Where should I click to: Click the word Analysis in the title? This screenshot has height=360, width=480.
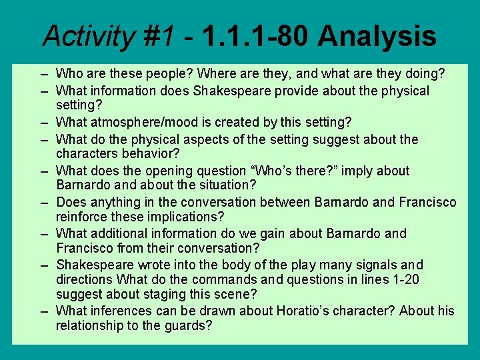click(377, 37)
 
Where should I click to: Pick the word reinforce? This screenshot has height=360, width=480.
click(82, 216)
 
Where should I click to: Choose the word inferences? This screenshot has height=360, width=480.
click(117, 311)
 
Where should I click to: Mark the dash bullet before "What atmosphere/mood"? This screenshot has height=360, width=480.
click(43, 122)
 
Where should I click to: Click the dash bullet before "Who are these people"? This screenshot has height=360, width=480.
click(43, 73)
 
